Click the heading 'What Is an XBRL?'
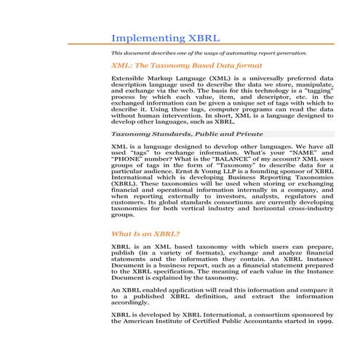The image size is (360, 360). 145,234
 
